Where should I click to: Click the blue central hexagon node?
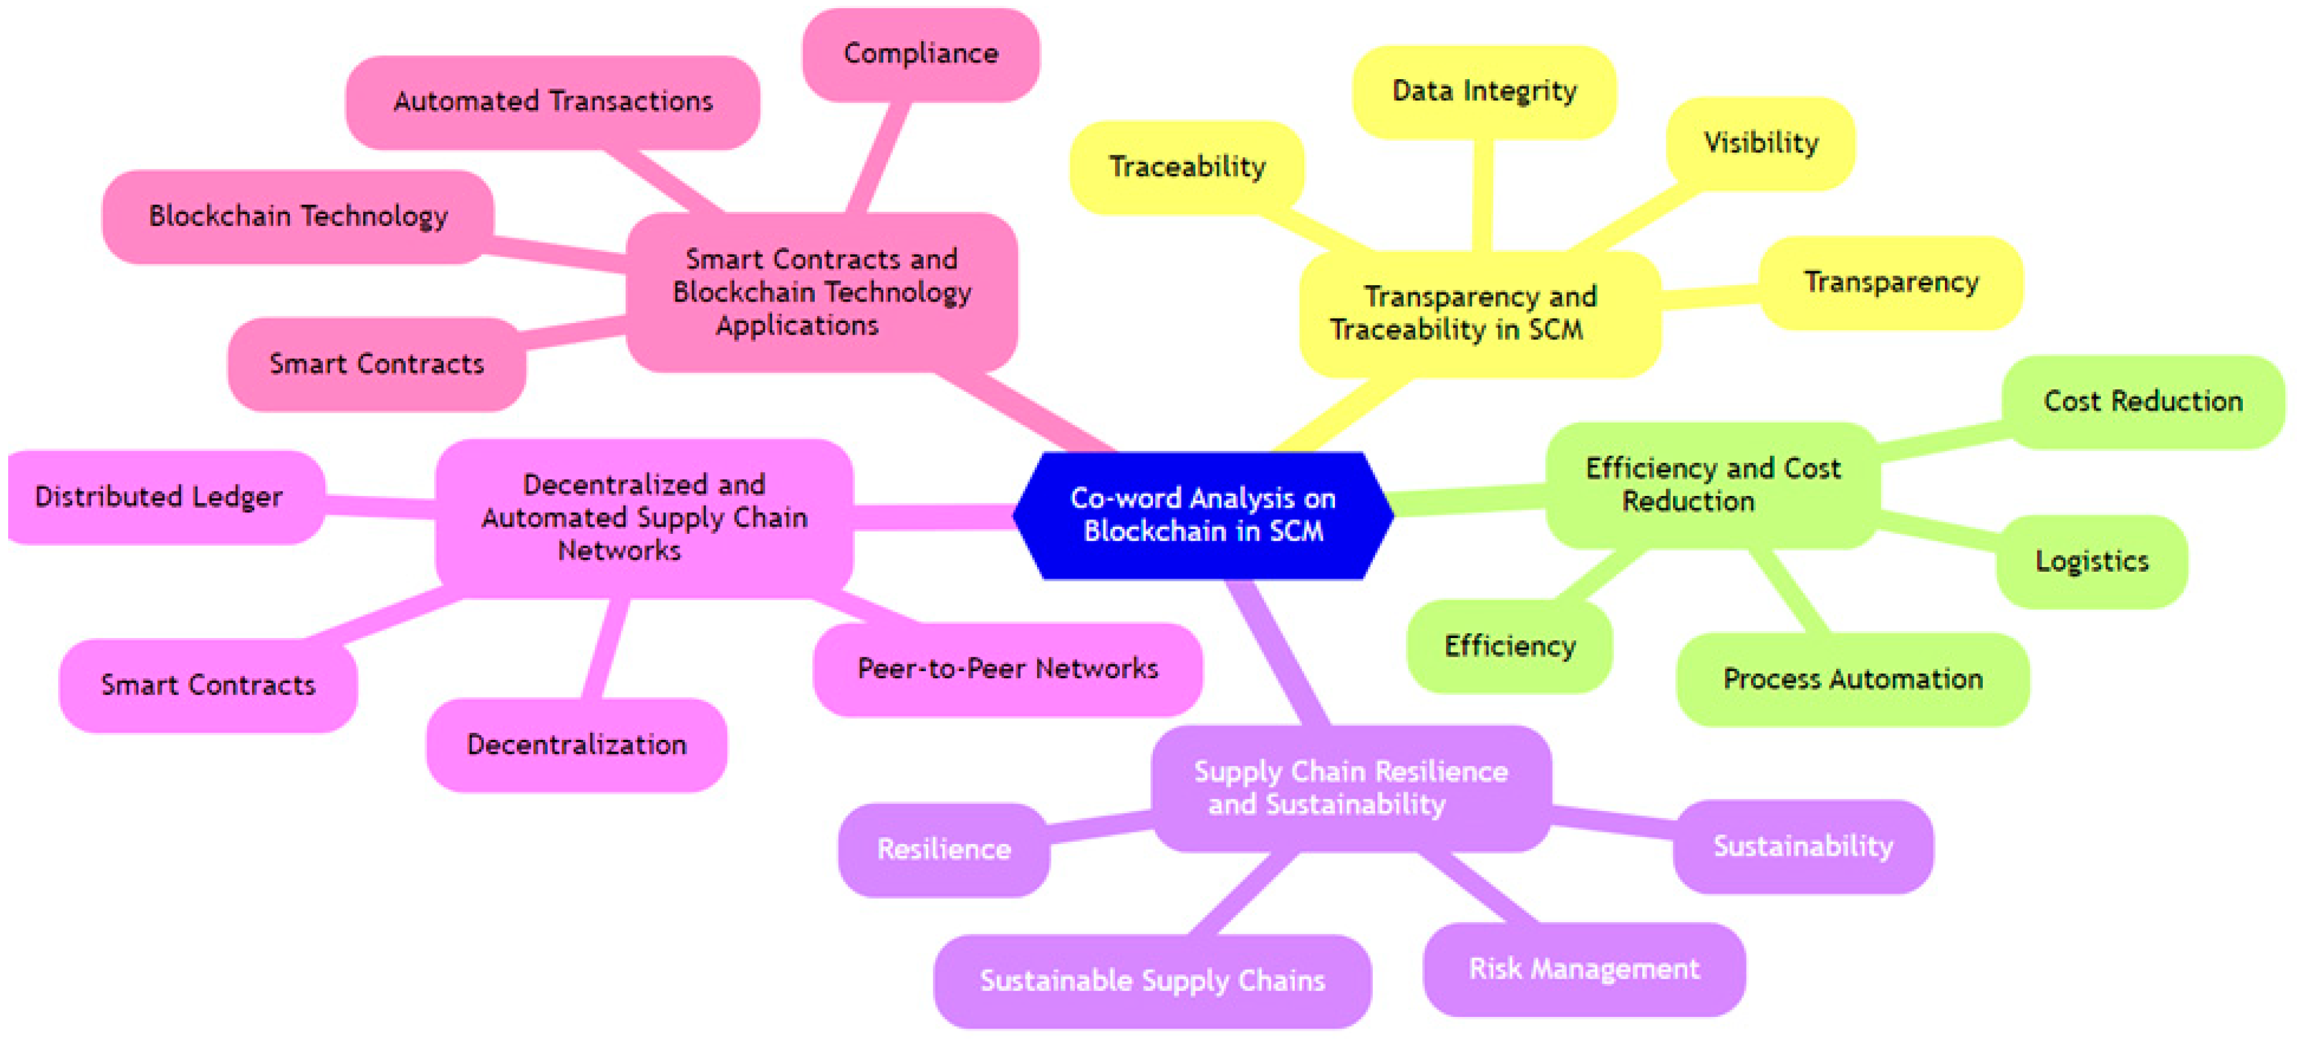click(1203, 515)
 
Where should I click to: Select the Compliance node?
click(920, 54)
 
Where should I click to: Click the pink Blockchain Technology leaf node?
click(298, 216)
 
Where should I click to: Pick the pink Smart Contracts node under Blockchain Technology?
click(377, 364)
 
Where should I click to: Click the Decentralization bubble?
click(576, 745)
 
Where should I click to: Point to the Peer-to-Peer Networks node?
click(1007, 669)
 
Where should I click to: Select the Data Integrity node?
click(1484, 91)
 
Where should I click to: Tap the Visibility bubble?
click(1760, 143)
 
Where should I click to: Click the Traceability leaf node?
click(1187, 167)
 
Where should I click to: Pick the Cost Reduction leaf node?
click(2143, 402)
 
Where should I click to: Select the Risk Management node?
click(1584, 969)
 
